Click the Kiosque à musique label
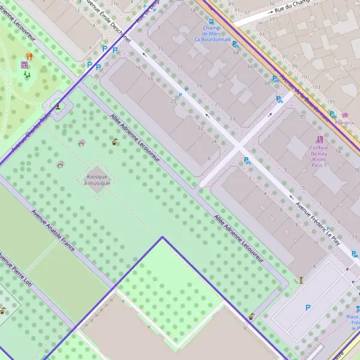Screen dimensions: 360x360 [97, 179]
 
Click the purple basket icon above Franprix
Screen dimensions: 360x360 [344, 115]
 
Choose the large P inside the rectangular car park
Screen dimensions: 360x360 [308, 308]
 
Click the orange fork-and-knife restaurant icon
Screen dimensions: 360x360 [29, 56]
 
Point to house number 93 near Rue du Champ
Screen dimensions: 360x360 [262, 34]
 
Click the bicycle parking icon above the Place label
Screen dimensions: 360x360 [358, 308]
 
